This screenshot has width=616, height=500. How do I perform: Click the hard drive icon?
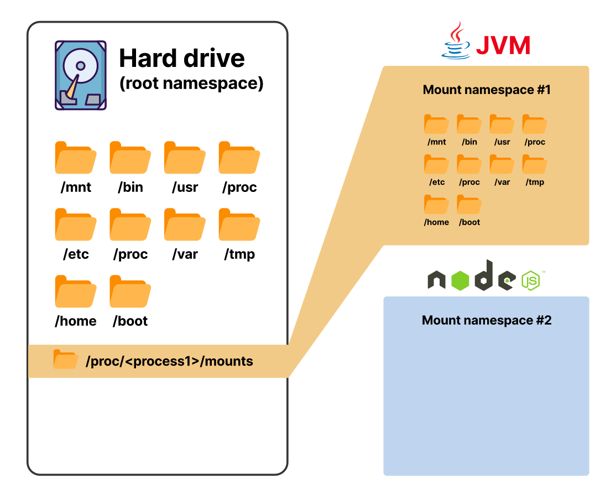pos(81,75)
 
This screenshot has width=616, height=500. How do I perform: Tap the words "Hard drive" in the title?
pos(182,58)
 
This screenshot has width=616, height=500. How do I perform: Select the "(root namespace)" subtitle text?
pos(191,84)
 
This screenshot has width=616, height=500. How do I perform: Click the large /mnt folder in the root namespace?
pos(76,158)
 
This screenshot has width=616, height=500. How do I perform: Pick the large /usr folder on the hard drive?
pos(185,158)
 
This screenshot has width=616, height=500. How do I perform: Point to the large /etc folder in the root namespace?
pos(76,225)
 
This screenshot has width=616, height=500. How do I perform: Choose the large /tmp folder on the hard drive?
pos(239,225)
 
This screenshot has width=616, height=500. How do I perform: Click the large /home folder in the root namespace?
pos(76,291)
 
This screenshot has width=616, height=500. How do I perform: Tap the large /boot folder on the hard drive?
pos(130,291)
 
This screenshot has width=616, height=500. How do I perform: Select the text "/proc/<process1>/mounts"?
pos(169,362)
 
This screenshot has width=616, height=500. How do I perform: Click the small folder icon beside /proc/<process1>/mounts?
pos(66,360)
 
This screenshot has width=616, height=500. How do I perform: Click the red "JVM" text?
pos(503,45)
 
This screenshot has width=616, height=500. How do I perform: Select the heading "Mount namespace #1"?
pos(487,90)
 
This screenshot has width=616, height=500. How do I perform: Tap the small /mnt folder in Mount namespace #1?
pos(436,124)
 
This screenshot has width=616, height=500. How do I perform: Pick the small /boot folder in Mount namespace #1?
pos(469,205)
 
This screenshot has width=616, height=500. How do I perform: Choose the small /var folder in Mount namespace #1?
pos(502,165)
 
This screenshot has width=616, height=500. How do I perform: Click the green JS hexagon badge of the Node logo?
pos(530,280)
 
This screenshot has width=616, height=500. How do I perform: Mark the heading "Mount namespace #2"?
pos(487,320)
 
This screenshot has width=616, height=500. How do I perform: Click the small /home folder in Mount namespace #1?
pos(436,205)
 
